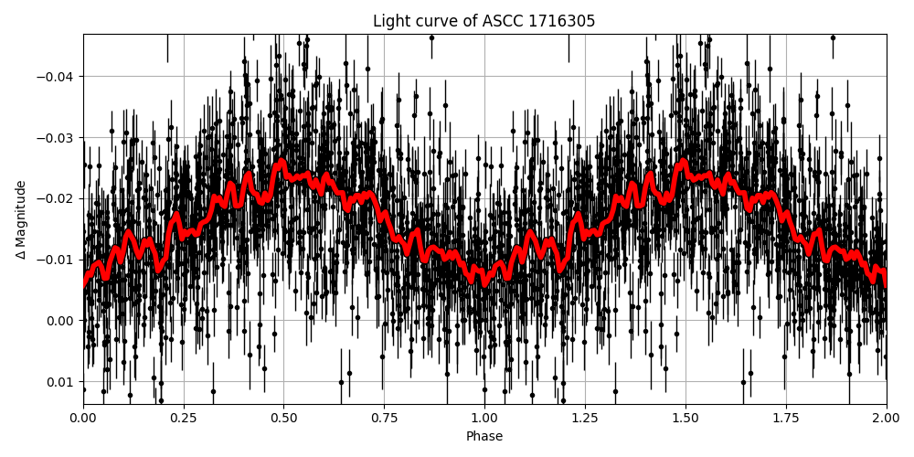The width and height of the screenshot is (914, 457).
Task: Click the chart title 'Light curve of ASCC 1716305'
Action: point(484,21)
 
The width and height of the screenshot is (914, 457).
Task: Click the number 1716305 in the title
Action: point(561,21)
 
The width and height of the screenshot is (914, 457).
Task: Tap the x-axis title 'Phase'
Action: point(484,437)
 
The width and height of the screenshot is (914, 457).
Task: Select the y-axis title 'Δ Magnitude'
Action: point(21,219)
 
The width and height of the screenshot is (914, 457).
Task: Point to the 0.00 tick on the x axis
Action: point(83,419)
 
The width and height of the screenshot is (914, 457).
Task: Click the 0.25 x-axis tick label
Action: point(184,419)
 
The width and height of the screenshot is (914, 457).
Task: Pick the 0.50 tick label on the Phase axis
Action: point(283,419)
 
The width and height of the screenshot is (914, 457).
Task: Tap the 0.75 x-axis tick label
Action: point(384,419)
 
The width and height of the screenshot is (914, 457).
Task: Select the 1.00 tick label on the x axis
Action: point(484,419)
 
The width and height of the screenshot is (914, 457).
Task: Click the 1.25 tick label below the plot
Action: point(585,419)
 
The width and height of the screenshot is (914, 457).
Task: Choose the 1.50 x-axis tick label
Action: point(685,419)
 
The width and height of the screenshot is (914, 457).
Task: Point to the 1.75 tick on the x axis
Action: point(786,419)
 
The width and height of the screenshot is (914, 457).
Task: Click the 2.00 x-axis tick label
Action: point(886,419)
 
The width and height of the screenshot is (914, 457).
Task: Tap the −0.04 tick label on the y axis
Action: point(55,76)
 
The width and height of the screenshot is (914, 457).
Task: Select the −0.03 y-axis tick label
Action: point(55,137)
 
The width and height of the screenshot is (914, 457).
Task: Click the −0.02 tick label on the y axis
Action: point(55,198)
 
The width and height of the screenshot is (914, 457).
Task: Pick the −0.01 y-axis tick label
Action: point(55,260)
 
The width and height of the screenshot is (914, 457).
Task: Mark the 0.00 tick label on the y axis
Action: point(60,321)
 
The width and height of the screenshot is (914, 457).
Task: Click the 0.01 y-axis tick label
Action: point(60,382)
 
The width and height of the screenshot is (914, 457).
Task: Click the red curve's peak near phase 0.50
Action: point(282,163)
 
